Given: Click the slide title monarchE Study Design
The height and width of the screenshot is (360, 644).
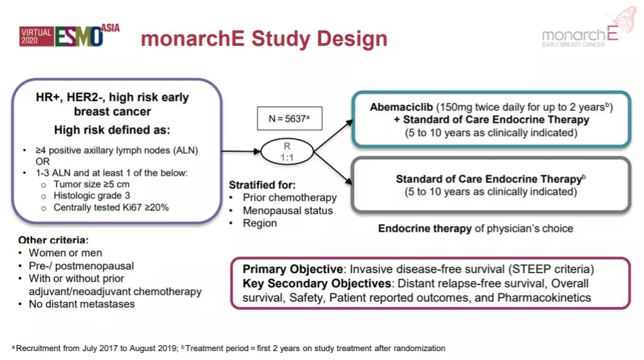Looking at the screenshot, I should tap(264, 39).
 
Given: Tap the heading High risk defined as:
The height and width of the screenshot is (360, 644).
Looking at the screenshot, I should tap(112, 129).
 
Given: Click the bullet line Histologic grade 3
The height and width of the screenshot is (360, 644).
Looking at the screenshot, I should tap(92, 195).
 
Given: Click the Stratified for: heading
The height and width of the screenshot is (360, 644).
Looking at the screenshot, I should tap(262, 185).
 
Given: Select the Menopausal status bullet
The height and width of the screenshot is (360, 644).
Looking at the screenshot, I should tap(287, 210).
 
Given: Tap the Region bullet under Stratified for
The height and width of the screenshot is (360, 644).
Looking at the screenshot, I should tap(259, 223).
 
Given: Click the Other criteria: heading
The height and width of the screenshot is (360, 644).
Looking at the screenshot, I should tap(53, 240).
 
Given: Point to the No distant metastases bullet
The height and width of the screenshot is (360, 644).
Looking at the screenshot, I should tap(82, 304).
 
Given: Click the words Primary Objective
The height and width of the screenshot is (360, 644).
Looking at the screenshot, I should tap(292, 269).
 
